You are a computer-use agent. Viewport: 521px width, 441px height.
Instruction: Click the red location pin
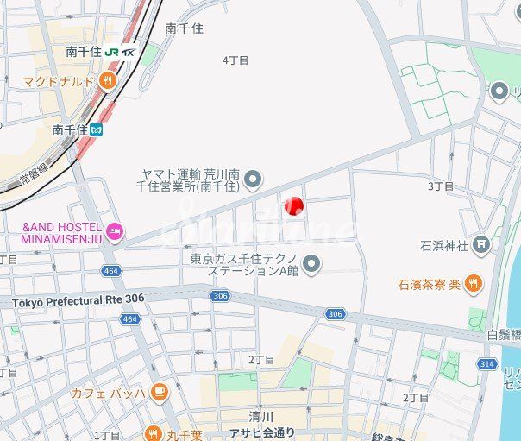[293, 205]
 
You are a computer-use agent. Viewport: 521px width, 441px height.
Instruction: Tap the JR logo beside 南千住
[113, 52]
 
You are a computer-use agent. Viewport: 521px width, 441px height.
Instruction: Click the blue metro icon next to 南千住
[97, 130]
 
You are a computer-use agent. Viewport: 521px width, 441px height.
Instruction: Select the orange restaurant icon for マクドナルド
[107, 81]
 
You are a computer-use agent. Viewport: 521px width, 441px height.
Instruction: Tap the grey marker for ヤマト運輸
[252, 180]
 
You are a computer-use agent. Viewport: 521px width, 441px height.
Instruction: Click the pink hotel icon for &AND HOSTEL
[115, 230]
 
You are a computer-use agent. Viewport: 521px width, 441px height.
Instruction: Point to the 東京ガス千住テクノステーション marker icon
[311, 264]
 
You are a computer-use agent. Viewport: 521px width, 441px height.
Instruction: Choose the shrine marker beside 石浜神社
[481, 246]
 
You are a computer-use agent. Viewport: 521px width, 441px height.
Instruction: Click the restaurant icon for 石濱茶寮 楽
[473, 283]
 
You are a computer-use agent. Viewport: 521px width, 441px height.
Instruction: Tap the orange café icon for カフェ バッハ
[158, 393]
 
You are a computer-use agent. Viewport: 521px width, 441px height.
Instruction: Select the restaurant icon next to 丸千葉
[153, 434]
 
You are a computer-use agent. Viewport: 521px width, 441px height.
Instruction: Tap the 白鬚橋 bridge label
[504, 334]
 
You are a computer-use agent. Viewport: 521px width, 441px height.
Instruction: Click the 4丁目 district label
[235, 60]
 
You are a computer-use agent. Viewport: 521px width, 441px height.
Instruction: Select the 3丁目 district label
[440, 186]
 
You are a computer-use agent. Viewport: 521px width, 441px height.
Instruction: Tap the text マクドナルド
[58, 81]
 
